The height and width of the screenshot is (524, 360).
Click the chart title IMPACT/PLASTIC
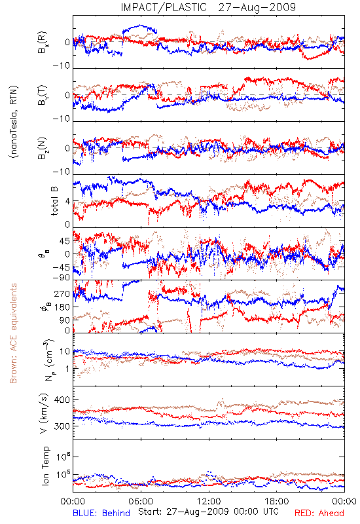[164, 7]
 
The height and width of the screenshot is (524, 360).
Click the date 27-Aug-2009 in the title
[257, 7]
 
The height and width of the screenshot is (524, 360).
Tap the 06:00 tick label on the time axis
[141, 501]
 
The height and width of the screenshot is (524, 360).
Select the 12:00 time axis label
[209, 501]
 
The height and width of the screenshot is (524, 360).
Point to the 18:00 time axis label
[277, 501]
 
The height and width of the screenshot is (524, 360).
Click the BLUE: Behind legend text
[101, 513]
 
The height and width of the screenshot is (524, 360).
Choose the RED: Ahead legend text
[319, 513]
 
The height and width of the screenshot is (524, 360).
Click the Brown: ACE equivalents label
[13, 333]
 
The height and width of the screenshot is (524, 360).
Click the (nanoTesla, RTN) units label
[14, 122]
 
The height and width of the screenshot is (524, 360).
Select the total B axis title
[54, 201]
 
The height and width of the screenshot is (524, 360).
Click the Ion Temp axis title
[46, 466]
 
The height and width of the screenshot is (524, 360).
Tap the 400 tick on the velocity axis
[62, 400]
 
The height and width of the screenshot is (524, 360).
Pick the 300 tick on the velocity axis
[62, 426]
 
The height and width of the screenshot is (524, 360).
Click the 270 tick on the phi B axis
[62, 294]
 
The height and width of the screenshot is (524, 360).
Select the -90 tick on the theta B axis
[62, 278]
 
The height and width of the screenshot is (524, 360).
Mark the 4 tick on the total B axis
[67, 202]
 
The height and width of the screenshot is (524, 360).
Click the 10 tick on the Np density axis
[64, 351]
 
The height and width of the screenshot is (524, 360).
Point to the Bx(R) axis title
[43, 43]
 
